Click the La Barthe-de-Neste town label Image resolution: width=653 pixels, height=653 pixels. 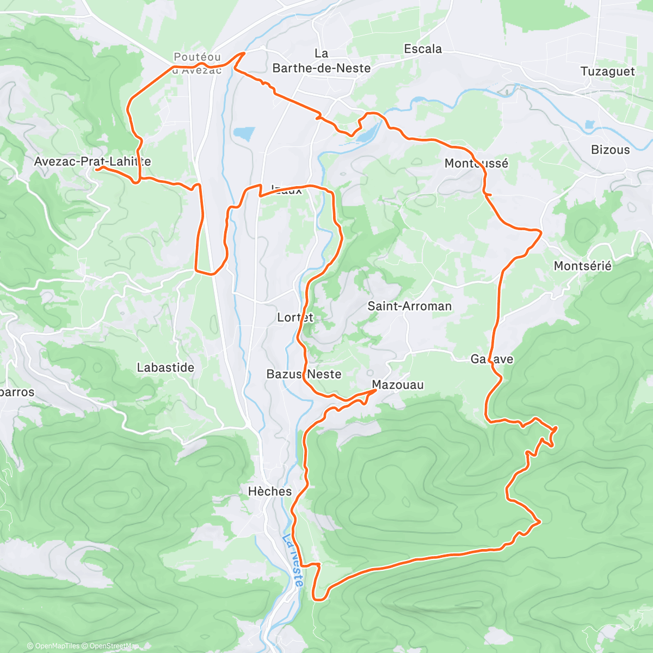coord(321,61)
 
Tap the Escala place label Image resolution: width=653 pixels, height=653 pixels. coord(423,49)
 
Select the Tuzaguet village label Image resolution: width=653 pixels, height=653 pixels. coord(607,72)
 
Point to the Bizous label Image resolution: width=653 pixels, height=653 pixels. coord(610,150)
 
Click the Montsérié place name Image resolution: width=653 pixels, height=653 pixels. coord(582,266)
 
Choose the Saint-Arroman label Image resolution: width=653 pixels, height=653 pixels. coord(409,306)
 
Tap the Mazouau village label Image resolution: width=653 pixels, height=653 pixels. coord(398,385)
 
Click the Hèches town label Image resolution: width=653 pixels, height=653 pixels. coord(270,491)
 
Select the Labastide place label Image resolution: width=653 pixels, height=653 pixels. coord(165,368)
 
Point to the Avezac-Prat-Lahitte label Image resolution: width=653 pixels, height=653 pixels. coord(93,162)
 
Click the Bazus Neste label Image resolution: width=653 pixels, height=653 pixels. coord(304,374)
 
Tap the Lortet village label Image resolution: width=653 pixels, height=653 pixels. coord(295,317)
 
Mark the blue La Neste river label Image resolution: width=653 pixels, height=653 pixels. coord(293,560)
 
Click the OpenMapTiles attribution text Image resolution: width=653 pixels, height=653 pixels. coord(53,646)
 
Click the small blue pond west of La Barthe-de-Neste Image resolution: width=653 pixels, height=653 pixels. coord(244,133)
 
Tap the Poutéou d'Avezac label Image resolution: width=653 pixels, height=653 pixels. coord(197,63)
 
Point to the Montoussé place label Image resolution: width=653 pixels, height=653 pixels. coord(476,163)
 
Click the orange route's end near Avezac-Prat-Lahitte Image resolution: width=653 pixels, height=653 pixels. coord(97,169)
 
